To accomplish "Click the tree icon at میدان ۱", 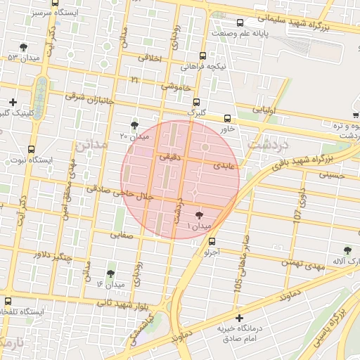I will (200, 214).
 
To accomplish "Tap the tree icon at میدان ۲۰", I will (134, 124).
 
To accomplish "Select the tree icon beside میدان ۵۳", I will (24, 46).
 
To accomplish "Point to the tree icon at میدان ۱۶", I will (110, 273).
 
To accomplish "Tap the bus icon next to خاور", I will (226, 118).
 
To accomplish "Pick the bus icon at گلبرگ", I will (195, 101).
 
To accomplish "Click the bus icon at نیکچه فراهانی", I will (203, 56).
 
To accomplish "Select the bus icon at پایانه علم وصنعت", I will (240, 22).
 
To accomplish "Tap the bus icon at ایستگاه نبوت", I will (31, 149).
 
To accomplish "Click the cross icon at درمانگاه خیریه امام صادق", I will (239, 318).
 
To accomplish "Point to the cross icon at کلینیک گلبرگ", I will (13, 102).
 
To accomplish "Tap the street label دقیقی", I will (169, 157).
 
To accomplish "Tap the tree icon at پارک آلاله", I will (347, 250).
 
